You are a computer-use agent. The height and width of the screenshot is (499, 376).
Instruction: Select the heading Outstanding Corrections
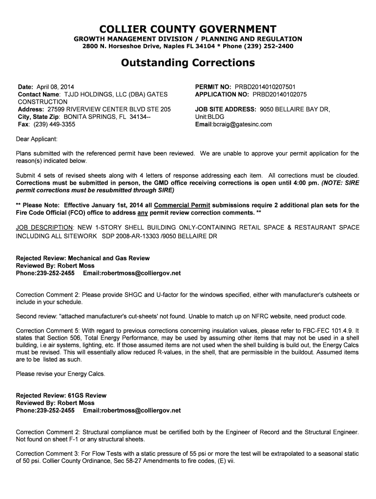[x=188, y=63]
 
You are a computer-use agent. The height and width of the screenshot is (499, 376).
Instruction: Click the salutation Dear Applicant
[x=37, y=139]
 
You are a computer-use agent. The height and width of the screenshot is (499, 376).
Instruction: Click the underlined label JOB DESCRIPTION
[x=44, y=228]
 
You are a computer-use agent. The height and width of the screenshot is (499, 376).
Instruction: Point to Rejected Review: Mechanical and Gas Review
[x=83, y=258]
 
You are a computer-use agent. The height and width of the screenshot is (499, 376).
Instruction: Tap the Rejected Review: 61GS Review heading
[x=61, y=395]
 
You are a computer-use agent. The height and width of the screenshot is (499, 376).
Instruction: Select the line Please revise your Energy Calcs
[x=61, y=374]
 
